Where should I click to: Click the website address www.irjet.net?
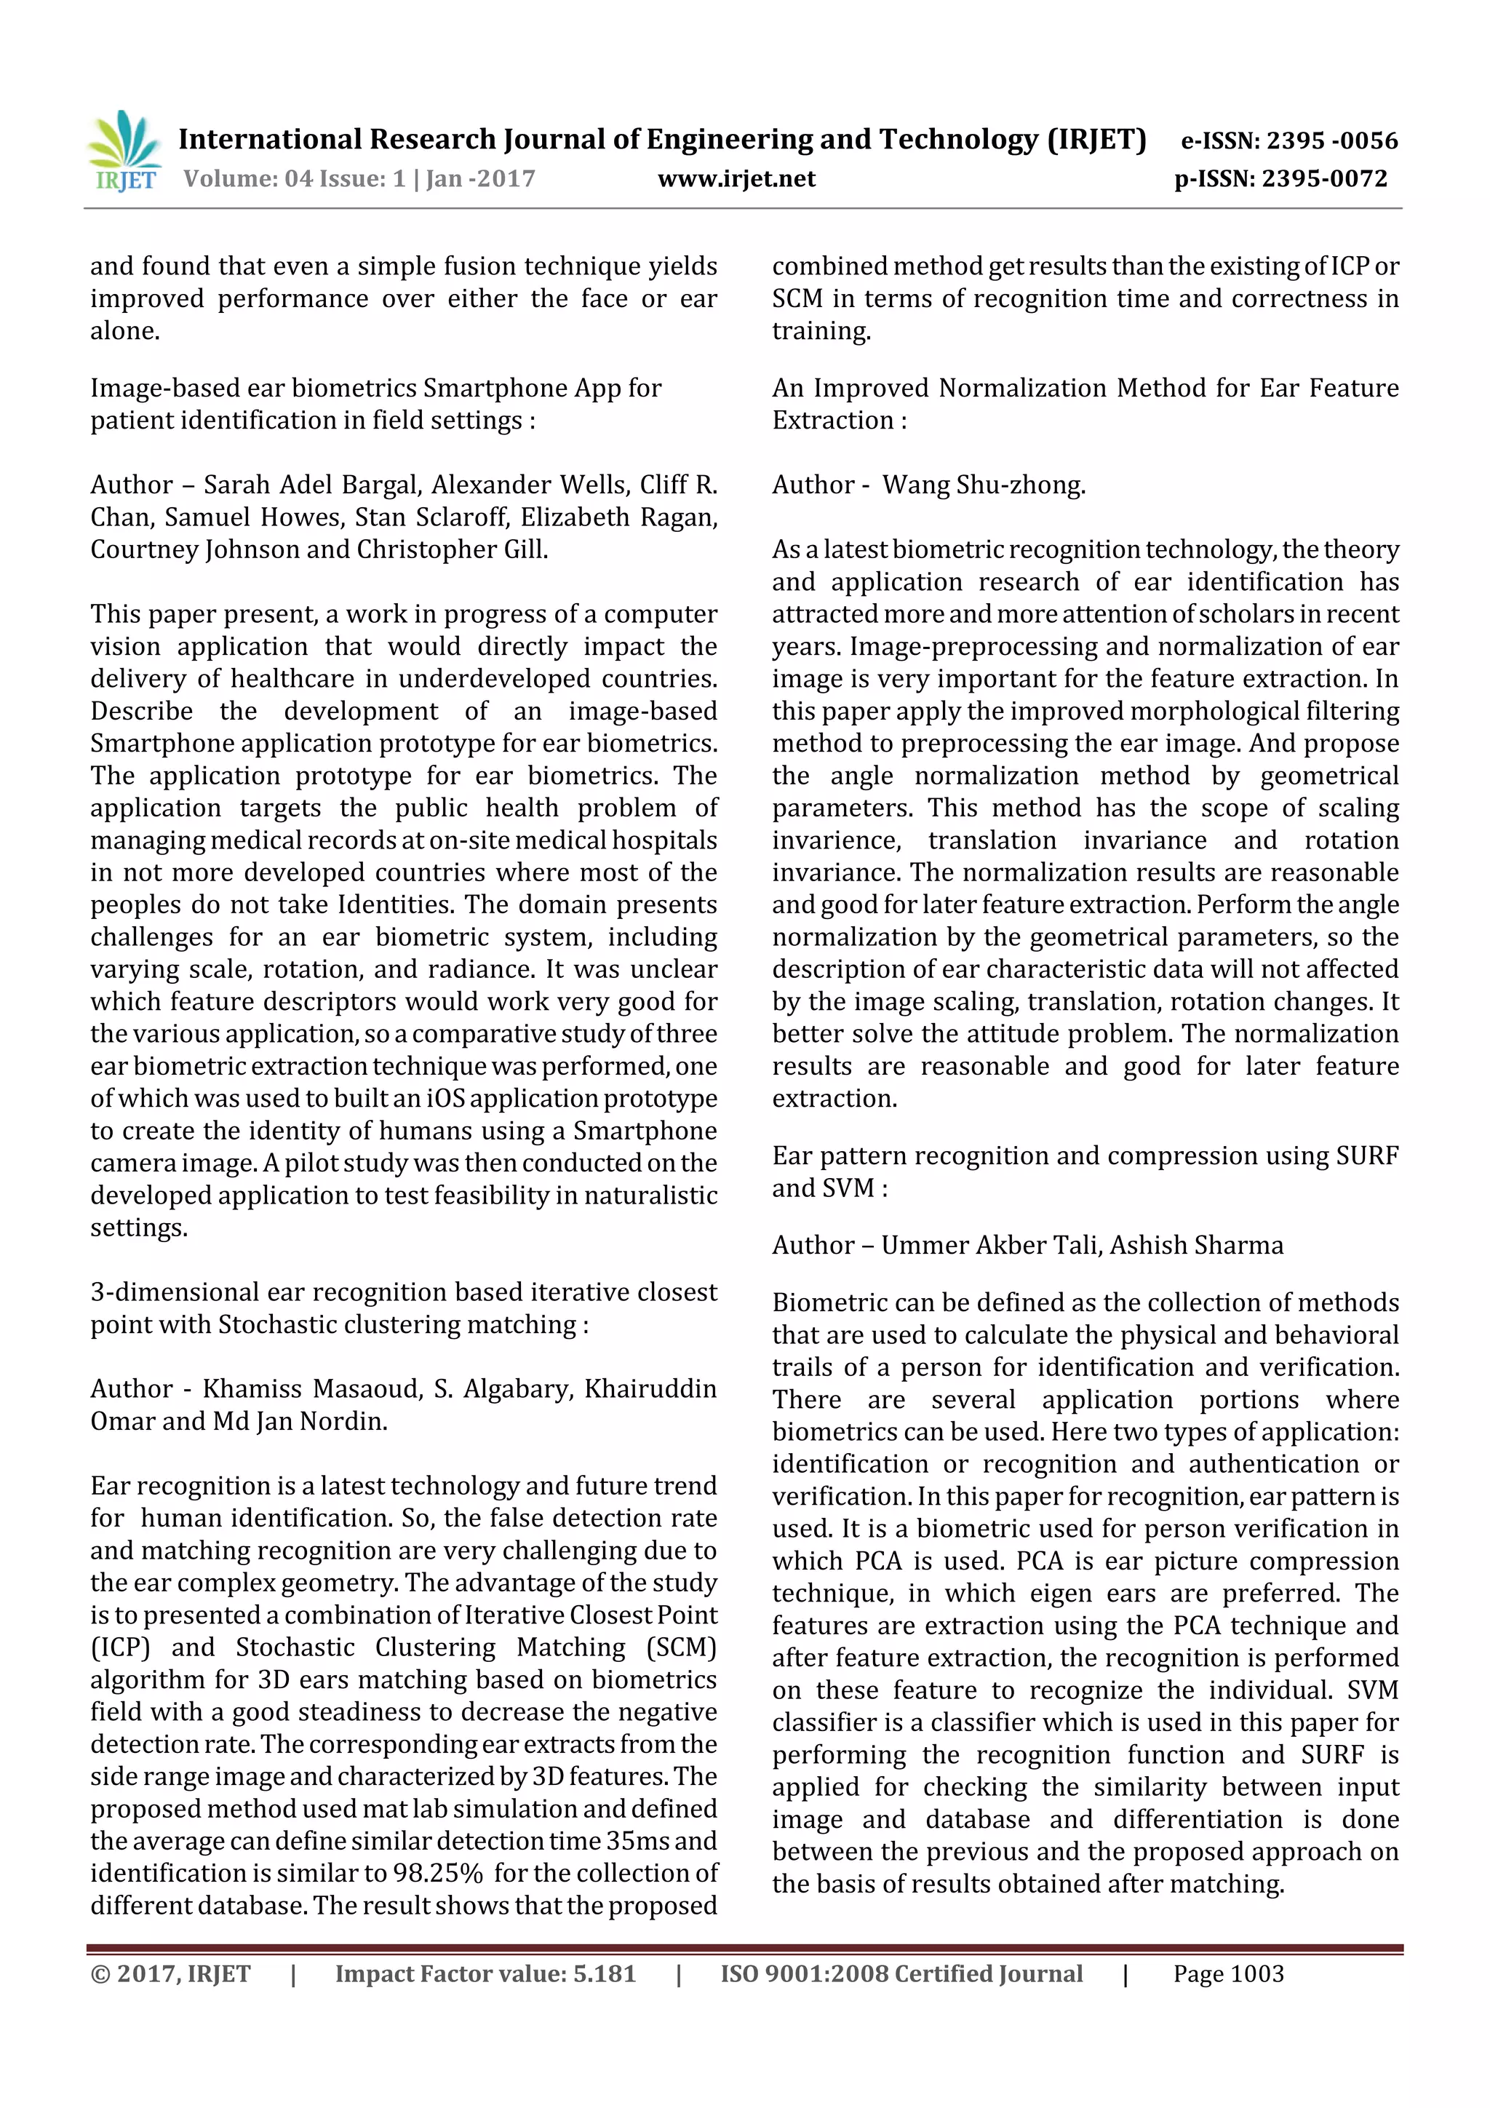(736, 179)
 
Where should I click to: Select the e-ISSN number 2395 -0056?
(1331, 140)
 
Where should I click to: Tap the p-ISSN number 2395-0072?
(1324, 179)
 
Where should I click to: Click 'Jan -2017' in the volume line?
(480, 179)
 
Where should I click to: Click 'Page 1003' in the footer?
(1227, 1974)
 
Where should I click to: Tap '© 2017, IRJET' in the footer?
(170, 1974)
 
